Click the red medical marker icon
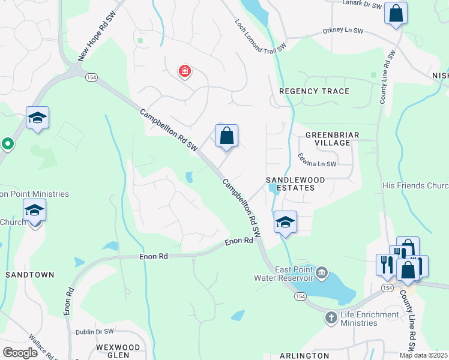pos(185,72)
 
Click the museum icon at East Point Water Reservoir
pos(322,274)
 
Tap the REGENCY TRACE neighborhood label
pos(314,91)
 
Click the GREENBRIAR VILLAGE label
pos(328,139)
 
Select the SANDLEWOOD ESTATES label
pos(296,184)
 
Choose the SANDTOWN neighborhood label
pos(30,274)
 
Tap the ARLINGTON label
pos(304,356)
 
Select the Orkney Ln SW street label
pos(343,30)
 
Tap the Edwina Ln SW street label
pos(317,160)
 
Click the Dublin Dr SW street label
pos(94,331)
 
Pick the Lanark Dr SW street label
pos(362,5)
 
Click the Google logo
pos(19,352)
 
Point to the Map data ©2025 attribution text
pos(423,355)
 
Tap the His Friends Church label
pos(415,185)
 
